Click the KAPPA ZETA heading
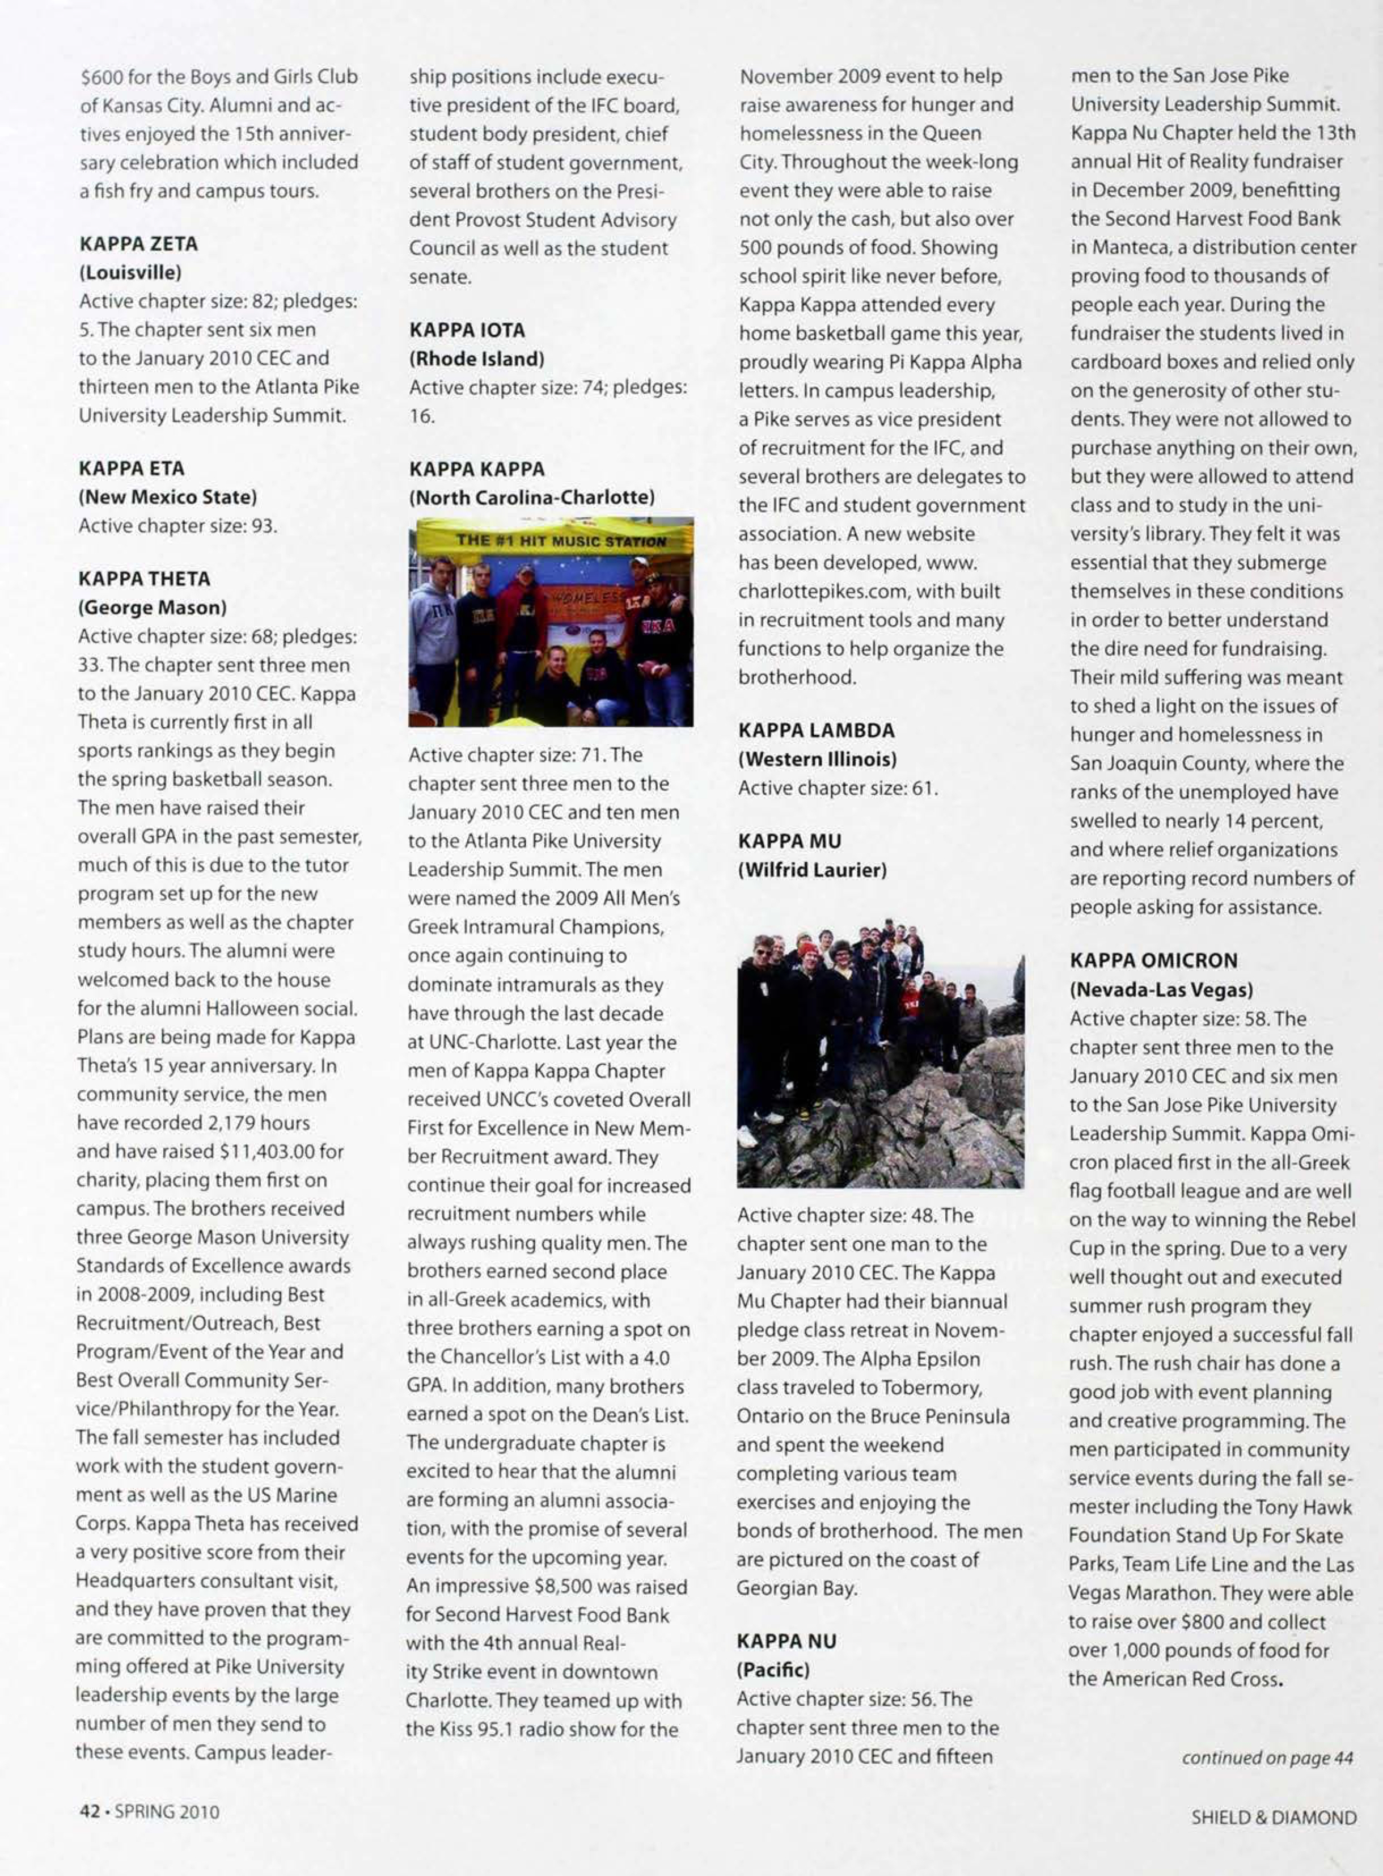[138, 244]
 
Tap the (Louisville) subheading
[130, 272]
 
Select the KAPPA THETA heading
[144, 579]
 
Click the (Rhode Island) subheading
[476, 359]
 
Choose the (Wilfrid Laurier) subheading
[811, 869]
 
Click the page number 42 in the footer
[88, 1811]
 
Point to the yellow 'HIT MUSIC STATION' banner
[561, 540]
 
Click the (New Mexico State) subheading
[167, 496]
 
